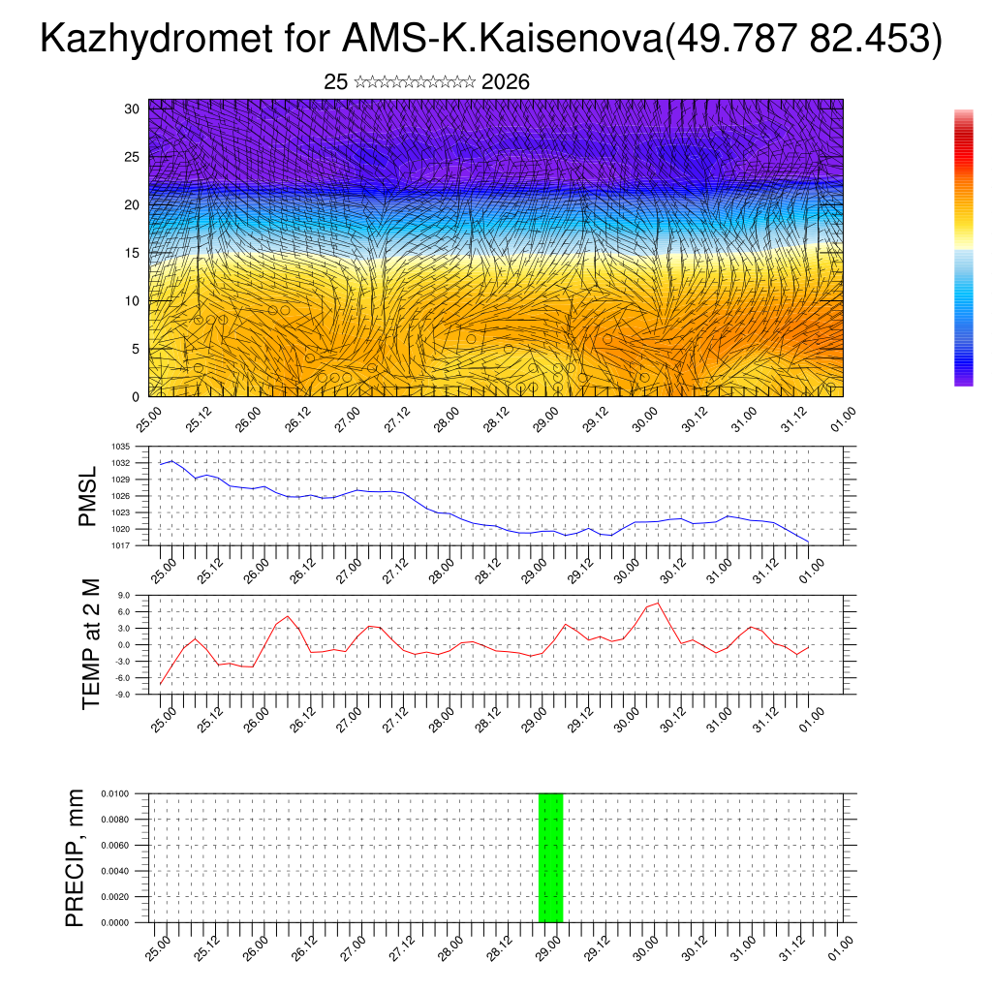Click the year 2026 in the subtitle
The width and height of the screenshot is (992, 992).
pyautogui.click(x=505, y=82)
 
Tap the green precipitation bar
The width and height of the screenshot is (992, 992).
pyautogui.click(x=550, y=857)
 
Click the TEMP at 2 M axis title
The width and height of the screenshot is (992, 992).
pyautogui.click(x=91, y=644)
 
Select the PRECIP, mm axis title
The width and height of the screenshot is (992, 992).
pyautogui.click(x=75, y=857)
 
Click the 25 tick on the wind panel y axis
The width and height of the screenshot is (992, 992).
pyautogui.click(x=133, y=156)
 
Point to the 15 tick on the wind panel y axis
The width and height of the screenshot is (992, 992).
pyautogui.click(x=133, y=253)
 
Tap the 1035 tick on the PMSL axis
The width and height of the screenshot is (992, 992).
pyautogui.click(x=121, y=447)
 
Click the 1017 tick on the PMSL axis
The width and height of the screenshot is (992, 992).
pyautogui.click(x=121, y=545)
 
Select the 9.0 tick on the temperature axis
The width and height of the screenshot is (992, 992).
pyautogui.click(x=124, y=596)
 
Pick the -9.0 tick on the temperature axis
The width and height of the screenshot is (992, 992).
pyautogui.click(x=123, y=695)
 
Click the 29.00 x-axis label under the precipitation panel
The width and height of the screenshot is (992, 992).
pyautogui.click(x=548, y=946)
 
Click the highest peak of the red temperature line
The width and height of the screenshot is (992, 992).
pyautogui.click(x=659, y=603)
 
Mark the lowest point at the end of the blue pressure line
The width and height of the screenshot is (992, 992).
pyautogui.click(x=808, y=541)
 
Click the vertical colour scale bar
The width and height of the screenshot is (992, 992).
pyautogui.click(x=963, y=248)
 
